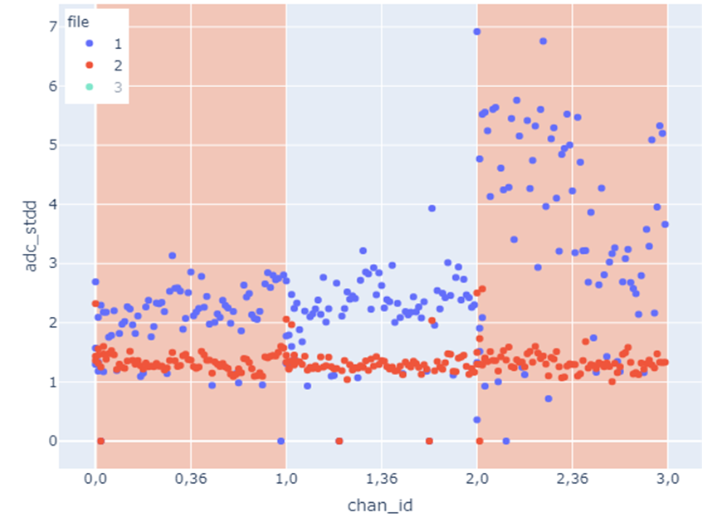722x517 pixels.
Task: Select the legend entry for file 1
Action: tap(115, 41)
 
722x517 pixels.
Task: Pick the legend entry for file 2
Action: tap(115, 64)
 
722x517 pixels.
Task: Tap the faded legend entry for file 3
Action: tap(115, 87)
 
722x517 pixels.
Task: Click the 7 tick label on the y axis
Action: tap(52, 27)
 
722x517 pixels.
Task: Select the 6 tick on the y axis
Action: tap(52, 85)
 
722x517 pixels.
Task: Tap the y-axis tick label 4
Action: tap(52, 204)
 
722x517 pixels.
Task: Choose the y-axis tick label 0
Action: tap(52, 441)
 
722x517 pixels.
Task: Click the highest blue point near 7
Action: tap(477, 32)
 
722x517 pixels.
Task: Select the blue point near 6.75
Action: tap(543, 41)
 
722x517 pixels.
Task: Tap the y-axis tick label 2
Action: tap(52, 323)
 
